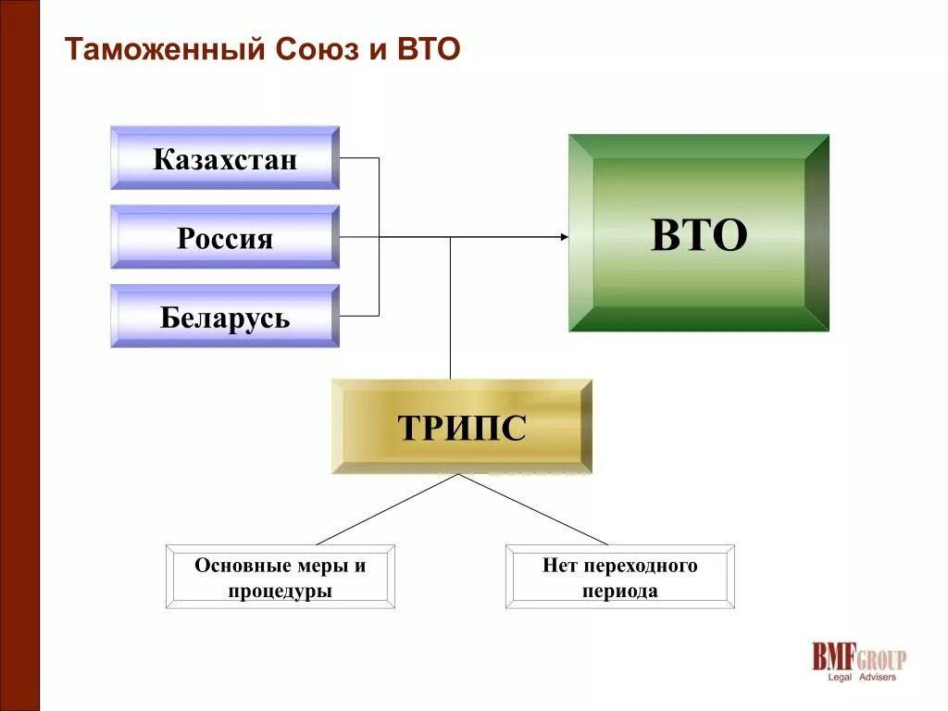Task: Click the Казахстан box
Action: click(225, 158)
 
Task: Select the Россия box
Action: click(225, 238)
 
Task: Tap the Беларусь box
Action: click(225, 317)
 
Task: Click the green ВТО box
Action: click(698, 233)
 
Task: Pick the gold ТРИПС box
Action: click(461, 427)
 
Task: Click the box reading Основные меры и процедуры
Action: click(280, 577)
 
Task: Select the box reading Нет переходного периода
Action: click(619, 577)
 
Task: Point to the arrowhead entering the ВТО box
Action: click(564, 237)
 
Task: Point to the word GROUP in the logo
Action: click(880, 659)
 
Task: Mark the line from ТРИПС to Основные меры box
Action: click(389, 509)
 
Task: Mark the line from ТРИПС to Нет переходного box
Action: click(535, 510)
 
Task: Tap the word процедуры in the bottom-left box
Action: click(280, 591)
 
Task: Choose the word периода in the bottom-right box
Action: click(619, 591)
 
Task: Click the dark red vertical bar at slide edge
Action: click(19, 355)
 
